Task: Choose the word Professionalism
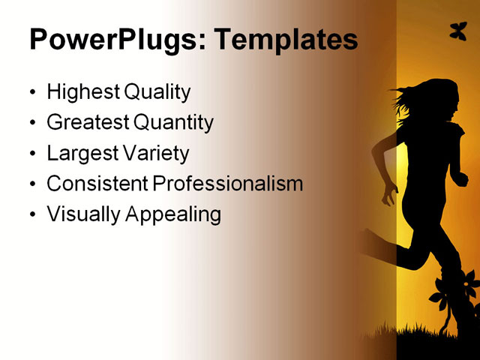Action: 228,184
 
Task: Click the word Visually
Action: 83,214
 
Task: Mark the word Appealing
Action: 173,215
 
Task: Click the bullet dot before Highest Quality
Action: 31,94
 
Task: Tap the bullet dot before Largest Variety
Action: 31,155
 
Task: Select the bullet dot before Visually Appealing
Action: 31,216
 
